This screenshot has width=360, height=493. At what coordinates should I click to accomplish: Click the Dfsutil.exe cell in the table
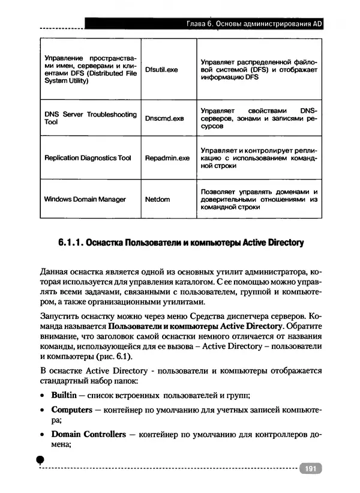click(161, 70)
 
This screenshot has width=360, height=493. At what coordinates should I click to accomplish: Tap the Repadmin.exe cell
click(167, 158)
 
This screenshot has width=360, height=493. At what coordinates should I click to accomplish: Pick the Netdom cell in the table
click(157, 199)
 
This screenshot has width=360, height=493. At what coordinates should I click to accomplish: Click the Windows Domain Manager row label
click(85, 199)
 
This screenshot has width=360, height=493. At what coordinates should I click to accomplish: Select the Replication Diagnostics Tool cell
click(88, 158)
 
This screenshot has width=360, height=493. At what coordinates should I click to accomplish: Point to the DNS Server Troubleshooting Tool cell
click(90, 118)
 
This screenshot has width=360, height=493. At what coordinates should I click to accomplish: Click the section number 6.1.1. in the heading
click(71, 243)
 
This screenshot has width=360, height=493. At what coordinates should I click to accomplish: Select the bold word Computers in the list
click(71, 410)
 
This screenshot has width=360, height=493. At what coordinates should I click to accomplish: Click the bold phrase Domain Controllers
click(88, 434)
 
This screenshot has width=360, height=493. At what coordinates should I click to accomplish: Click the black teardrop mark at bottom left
click(41, 459)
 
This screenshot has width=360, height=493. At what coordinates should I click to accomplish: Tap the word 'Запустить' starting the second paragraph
click(56, 316)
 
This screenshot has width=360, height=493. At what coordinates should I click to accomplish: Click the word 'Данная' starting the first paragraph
click(52, 273)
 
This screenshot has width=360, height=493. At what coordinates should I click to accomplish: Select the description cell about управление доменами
click(259, 199)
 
